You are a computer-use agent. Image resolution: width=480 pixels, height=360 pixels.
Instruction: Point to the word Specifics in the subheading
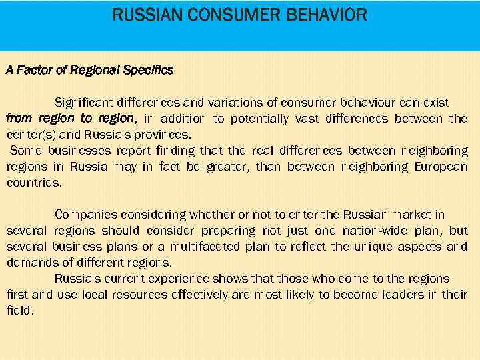148,70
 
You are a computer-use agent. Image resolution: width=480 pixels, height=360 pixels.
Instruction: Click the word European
439,167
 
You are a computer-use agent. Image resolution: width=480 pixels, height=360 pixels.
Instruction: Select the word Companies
86,215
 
